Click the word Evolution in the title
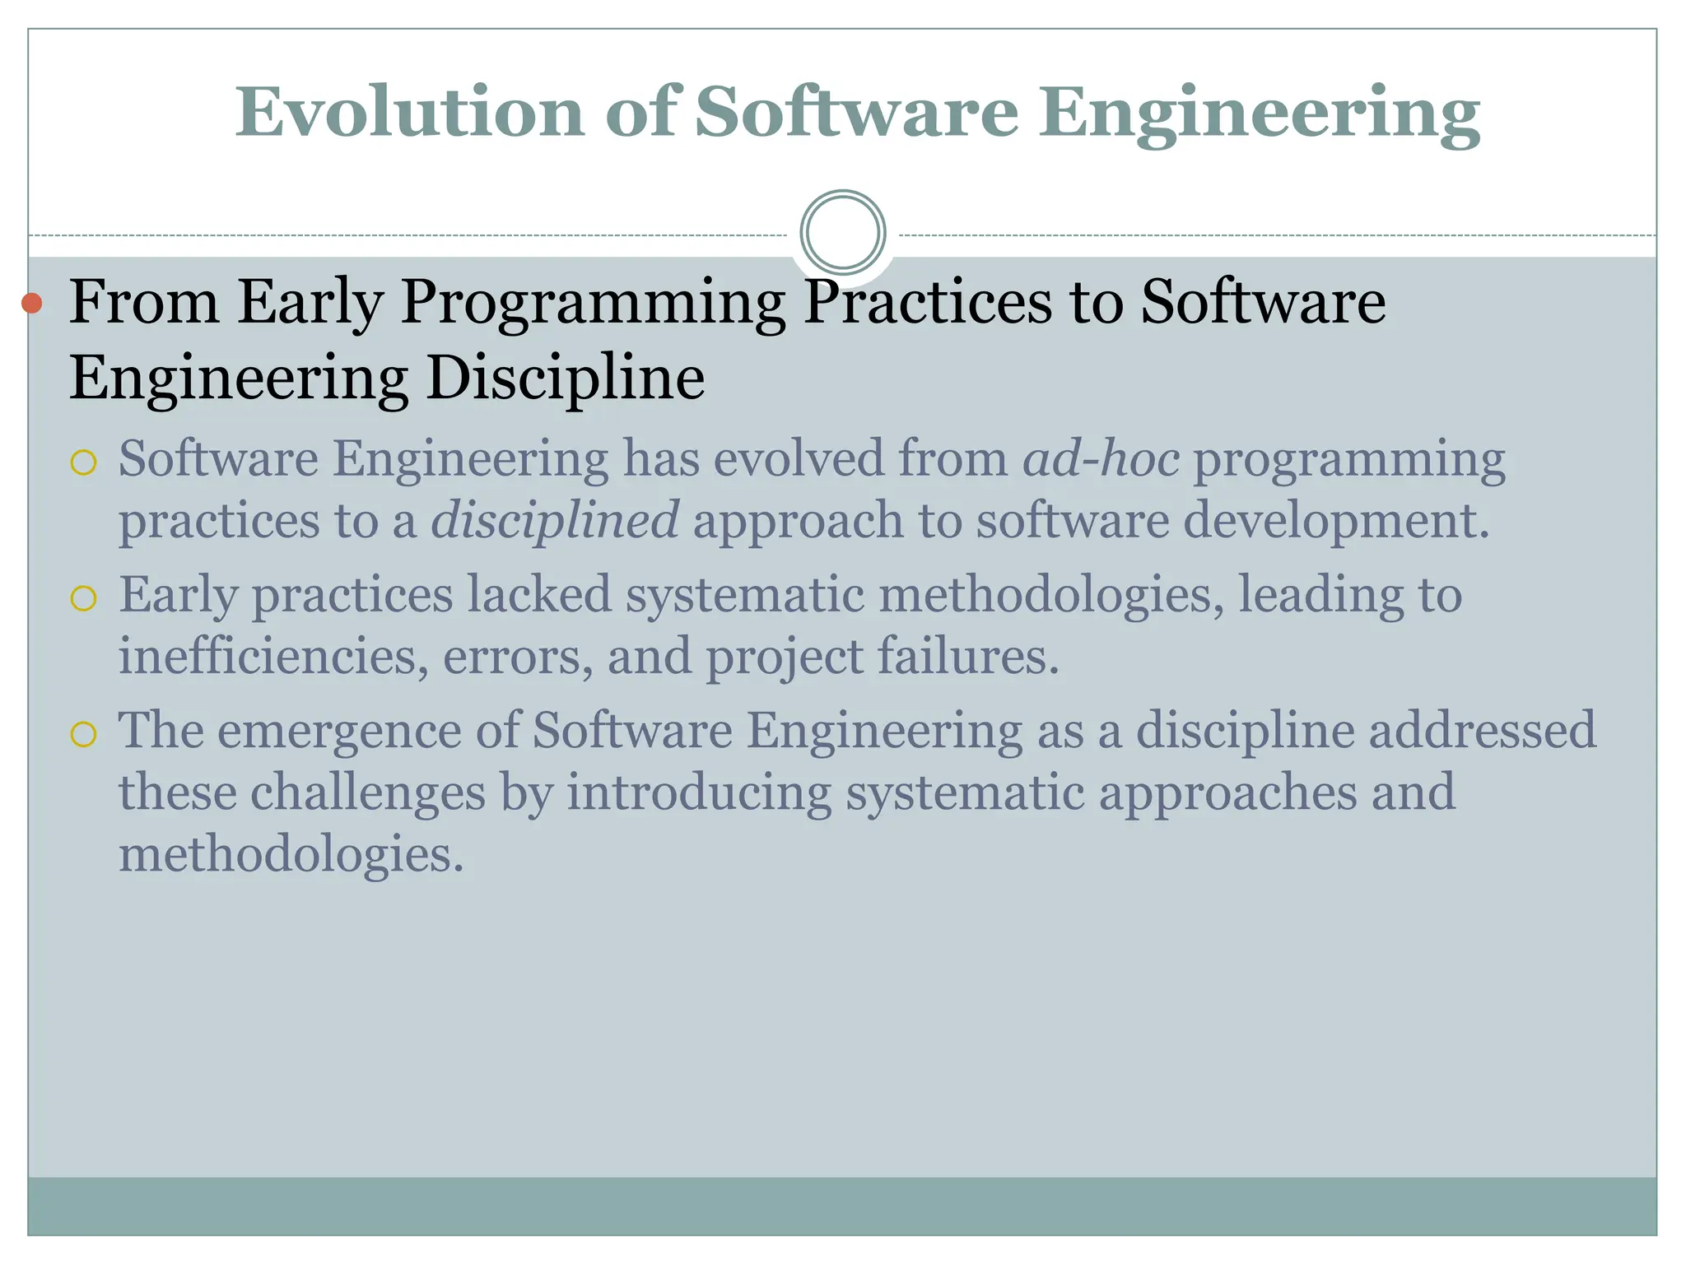tap(410, 113)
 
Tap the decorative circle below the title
tap(843, 233)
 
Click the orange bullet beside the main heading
tap(32, 303)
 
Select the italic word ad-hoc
tap(1101, 458)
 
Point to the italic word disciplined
tap(555, 521)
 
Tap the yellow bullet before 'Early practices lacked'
tap(84, 598)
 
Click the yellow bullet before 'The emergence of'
tap(84, 733)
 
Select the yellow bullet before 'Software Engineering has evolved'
tap(84, 463)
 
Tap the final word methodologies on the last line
tap(291, 853)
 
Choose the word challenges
tap(368, 792)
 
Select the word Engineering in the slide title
tap(1259, 113)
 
